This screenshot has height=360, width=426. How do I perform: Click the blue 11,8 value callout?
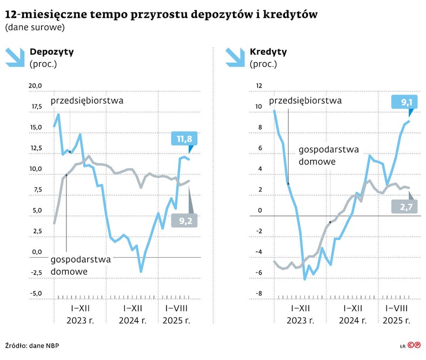[182, 139]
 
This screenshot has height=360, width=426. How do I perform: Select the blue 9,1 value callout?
[407, 102]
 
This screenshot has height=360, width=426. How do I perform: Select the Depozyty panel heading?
[52, 52]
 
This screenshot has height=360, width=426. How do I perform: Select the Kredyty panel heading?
[268, 52]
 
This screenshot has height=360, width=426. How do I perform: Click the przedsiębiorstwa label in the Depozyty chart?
[87, 101]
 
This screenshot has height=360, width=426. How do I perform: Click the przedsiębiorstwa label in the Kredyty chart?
[305, 101]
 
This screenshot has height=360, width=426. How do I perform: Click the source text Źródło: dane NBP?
[32, 345]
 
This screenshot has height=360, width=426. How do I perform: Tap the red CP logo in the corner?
[414, 345]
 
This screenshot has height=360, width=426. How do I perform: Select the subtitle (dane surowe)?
[35, 27]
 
